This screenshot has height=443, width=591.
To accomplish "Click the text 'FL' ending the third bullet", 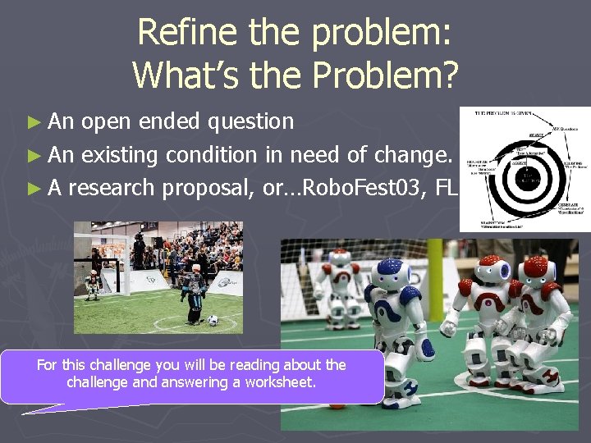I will (446, 187).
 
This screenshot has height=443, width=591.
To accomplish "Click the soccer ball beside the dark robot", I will (213, 320).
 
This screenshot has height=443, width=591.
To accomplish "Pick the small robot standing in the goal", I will (93, 283).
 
